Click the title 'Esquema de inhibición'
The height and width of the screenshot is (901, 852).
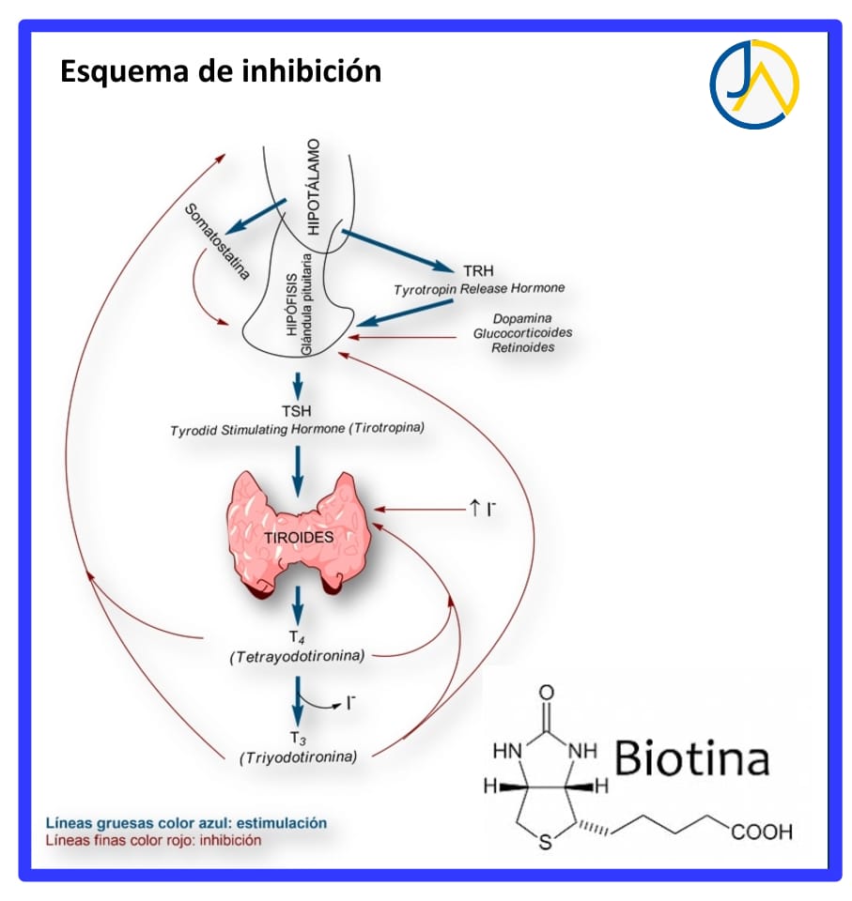point(221,71)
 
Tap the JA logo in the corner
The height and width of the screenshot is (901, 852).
point(753,84)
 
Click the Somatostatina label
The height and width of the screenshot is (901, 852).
point(217,240)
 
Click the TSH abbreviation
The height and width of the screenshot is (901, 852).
point(297,410)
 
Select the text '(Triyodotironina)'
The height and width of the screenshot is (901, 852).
point(299,756)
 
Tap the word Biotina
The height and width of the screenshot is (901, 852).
point(692,758)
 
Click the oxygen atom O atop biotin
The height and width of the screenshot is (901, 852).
point(547,695)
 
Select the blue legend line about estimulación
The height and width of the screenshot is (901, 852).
point(186,823)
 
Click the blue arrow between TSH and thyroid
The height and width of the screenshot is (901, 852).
point(297,469)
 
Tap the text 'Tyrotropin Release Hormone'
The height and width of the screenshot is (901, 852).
point(479,287)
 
